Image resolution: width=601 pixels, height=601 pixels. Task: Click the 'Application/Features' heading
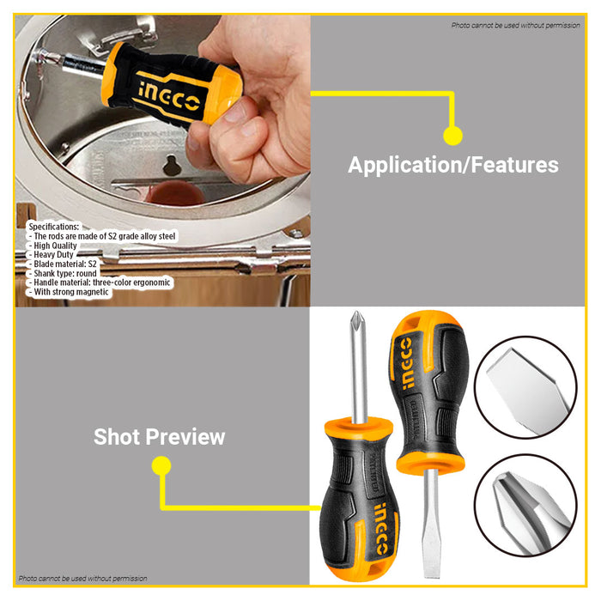452,165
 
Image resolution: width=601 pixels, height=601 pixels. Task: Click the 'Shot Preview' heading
159,436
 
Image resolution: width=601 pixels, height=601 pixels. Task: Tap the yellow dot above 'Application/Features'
452,135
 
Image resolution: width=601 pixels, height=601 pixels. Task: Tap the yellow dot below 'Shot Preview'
161,466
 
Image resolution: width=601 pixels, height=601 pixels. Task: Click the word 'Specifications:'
53,227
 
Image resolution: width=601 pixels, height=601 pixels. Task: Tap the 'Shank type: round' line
70,274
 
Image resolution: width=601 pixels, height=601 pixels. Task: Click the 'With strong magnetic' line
72,293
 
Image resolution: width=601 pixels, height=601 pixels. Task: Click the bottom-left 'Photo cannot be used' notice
83,579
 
